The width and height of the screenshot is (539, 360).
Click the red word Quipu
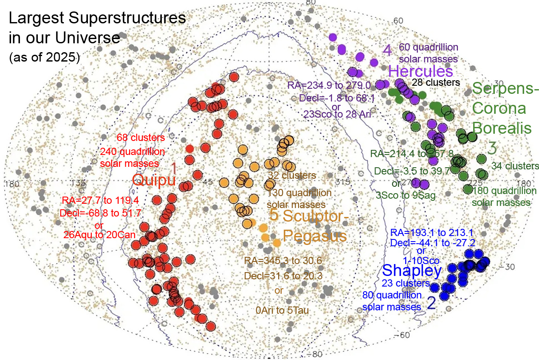(154, 180)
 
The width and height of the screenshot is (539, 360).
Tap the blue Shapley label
(412, 270)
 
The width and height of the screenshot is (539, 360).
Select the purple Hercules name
(420, 71)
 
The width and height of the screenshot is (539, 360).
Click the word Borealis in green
(502, 128)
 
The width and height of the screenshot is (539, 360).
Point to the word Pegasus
(315, 235)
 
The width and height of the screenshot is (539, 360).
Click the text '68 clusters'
(141, 138)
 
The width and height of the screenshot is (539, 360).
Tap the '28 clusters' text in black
(436, 82)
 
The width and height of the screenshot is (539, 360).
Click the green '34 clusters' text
(515, 166)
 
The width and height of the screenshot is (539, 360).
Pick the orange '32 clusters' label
(292, 175)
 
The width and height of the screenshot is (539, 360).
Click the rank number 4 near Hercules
(387, 51)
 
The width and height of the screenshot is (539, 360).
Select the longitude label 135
(79, 183)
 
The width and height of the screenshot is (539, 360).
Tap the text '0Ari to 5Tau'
(279, 311)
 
